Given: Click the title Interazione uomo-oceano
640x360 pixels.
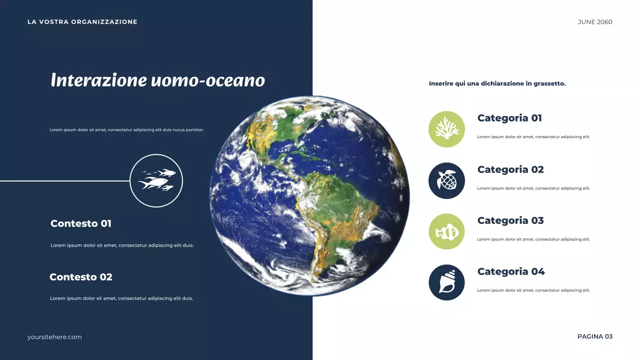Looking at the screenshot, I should (x=157, y=80).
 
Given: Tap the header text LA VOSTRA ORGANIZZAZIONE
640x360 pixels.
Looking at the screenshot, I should (x=82, y=22).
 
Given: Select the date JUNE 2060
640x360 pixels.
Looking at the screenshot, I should (x=594, y=22).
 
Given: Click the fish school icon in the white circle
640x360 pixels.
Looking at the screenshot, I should (x=156, y=180).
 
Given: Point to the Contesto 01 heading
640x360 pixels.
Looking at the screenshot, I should (x=81, y=223).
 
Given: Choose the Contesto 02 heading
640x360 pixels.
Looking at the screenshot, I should (x=81, y=277).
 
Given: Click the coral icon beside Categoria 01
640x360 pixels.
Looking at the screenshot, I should (x=446, y=129).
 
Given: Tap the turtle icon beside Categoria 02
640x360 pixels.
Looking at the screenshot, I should (x=446, y=180).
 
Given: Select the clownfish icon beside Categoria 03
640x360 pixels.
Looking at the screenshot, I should (x=446, y=231).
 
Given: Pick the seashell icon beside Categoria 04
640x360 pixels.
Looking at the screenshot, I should (x=446, y=282).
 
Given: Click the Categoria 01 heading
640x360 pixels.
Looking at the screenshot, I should (x=509, y=118).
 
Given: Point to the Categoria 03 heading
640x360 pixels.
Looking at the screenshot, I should (x=510, y=220).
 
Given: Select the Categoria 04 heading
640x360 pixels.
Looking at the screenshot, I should (x=511, y=271).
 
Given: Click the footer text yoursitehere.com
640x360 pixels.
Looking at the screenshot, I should (x=54, y=337).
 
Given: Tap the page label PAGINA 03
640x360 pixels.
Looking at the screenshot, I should (x=594, y=336).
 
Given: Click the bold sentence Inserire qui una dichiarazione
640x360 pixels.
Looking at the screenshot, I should (x=497, y=83).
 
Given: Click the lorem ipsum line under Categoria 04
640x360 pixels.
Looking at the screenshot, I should (x=533, y=290).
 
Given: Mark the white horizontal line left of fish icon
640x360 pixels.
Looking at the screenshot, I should (x=65, y=181).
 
